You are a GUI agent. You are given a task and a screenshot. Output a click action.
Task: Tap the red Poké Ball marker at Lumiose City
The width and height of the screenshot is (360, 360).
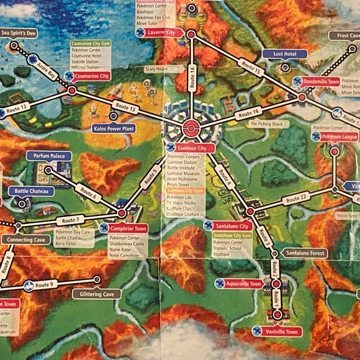[191, 130]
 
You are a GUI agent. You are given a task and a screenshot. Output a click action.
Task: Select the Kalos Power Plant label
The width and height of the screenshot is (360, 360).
[113, 128]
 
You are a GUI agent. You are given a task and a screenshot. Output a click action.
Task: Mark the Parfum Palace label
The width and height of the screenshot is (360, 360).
[49, 156]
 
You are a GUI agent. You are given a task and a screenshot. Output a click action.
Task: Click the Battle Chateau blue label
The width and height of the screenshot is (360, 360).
[30, 191]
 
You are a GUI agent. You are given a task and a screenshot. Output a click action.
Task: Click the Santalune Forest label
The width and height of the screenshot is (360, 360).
[305, 253]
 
